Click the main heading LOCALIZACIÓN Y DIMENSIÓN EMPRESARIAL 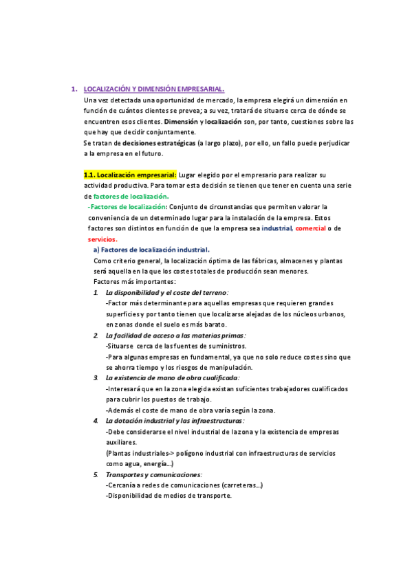coord(153,89)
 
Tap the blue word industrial coord(277,228)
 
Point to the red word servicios coord(102,239)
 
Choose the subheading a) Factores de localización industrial coord(151,250)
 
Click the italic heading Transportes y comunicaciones coord(153,474)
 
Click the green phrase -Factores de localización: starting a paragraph coord(127,207)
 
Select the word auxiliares coord(122,442)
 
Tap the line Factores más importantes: coord(134,282)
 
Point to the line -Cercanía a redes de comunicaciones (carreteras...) coord(184,485)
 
